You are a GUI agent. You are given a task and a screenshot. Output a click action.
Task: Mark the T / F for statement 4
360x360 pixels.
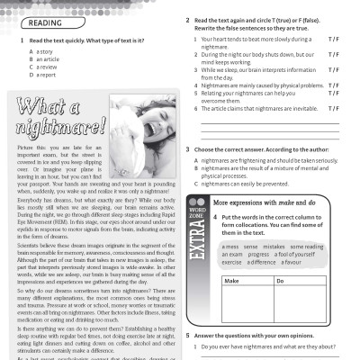(x=333, y=85)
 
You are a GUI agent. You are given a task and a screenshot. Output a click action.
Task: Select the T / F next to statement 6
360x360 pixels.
(x=333, y=108)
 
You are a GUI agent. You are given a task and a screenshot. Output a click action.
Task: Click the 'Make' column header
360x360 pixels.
(x=230, y=282)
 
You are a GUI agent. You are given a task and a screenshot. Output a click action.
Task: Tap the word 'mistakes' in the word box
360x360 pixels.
(x=274, y=246)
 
